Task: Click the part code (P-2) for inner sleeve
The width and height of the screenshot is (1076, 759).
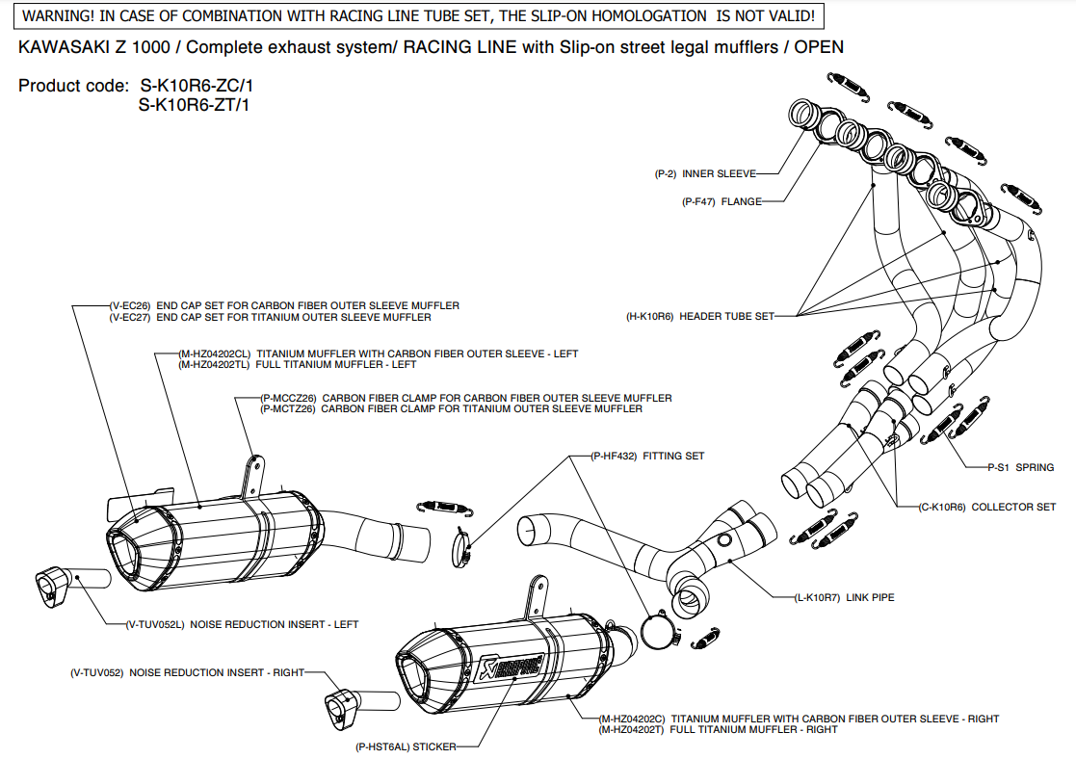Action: [667, 174]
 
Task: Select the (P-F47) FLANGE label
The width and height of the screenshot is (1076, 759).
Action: [722, 202]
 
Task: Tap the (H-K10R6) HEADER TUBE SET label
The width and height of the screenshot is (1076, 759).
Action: [699, 316]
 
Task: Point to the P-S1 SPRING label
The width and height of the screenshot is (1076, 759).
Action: [1020, 467]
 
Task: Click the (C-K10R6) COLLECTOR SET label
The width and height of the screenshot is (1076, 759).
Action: [987, 507]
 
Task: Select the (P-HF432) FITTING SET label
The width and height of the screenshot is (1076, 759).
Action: [647, 456]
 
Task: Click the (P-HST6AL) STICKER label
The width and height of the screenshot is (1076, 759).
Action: [405, 746]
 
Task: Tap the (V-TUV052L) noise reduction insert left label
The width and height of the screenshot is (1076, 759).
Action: [241, 624]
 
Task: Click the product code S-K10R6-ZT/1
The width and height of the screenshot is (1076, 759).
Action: [194, 105]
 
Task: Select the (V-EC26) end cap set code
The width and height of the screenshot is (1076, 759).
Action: [130, 305]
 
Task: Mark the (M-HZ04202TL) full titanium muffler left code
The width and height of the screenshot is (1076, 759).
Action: [214, 365]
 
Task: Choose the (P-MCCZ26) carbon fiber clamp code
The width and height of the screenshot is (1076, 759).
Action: [289, 398]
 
